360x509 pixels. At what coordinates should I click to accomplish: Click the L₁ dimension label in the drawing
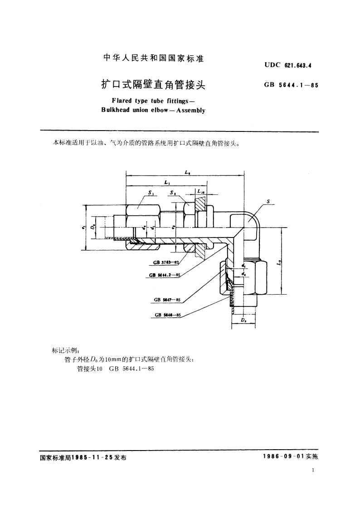tap(167, 182)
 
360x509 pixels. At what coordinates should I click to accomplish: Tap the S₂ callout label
tap(173, 193)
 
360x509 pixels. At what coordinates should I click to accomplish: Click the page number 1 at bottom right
tap(313, 471)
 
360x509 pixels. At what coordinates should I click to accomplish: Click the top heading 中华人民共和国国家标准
tap(153, 58)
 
